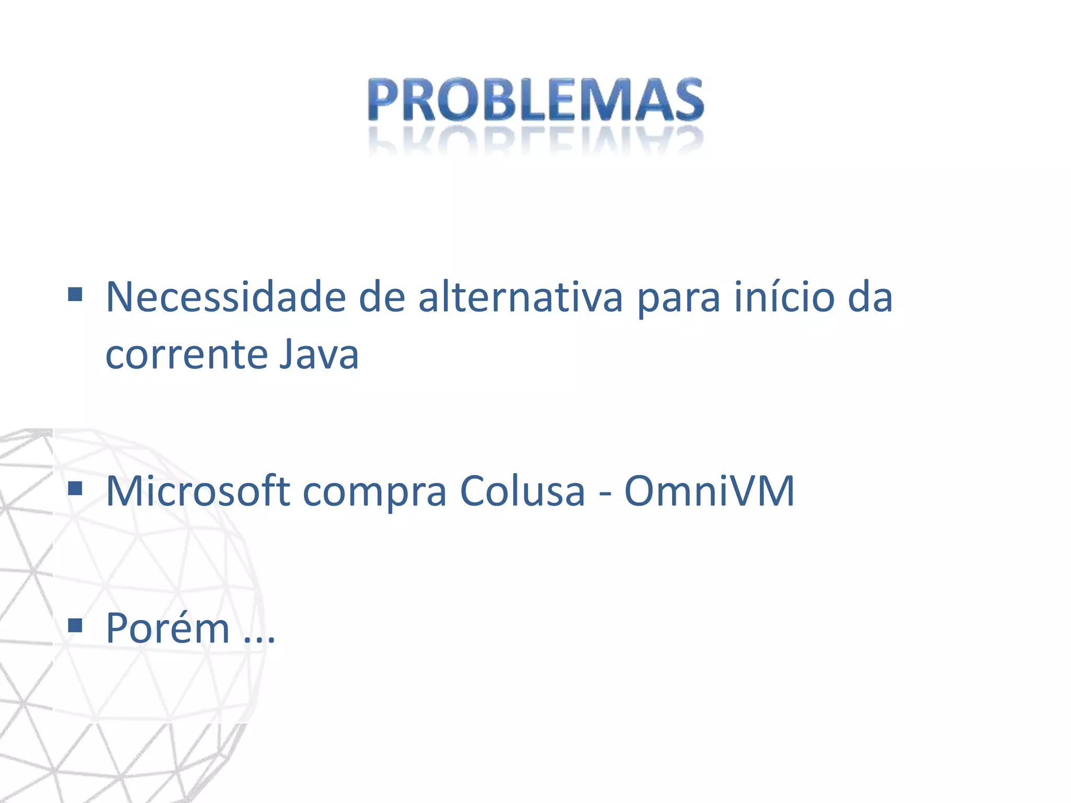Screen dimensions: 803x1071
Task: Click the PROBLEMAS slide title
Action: click(x=535, y=99)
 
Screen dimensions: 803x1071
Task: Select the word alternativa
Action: click(x=520, y=297)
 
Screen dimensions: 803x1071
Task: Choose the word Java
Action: click(x=318, y=354)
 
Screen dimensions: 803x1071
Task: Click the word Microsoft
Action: click(x=198, y=491)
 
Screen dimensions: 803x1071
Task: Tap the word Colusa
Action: click(x=522, y=491)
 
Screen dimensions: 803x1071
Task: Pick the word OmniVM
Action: click(x=709, y=491)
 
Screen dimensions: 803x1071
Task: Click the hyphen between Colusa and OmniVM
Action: click(x=605, y=494)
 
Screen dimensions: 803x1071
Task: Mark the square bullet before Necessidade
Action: click(x=75, y=295)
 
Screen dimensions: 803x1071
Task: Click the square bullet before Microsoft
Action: click(x=75, y=488)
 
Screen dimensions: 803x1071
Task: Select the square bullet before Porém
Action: click(x=75, y=625)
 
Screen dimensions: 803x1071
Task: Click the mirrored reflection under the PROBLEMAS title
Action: click(x=535, y=140)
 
